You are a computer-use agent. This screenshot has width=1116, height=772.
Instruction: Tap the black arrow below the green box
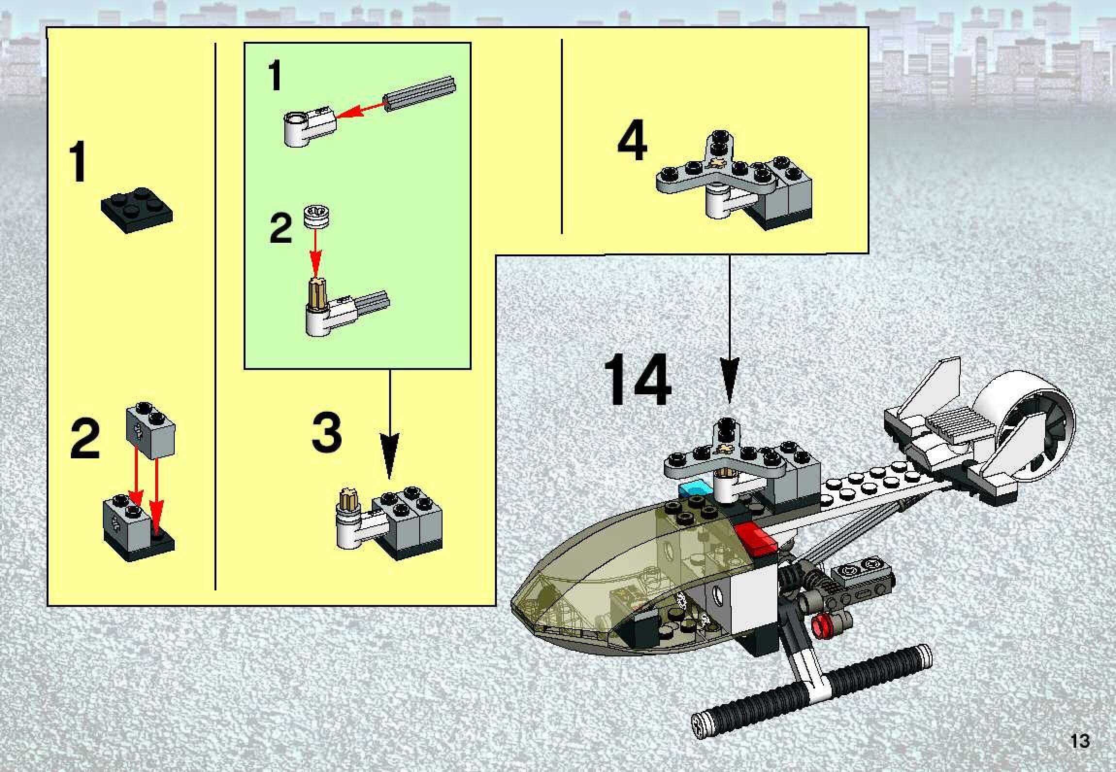coord(389,425)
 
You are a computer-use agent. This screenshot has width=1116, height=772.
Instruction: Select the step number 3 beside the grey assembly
coord(326,431)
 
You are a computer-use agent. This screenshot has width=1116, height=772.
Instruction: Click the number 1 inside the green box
coord(275,78)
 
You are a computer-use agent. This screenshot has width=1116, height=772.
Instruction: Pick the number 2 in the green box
coord(280,229)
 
